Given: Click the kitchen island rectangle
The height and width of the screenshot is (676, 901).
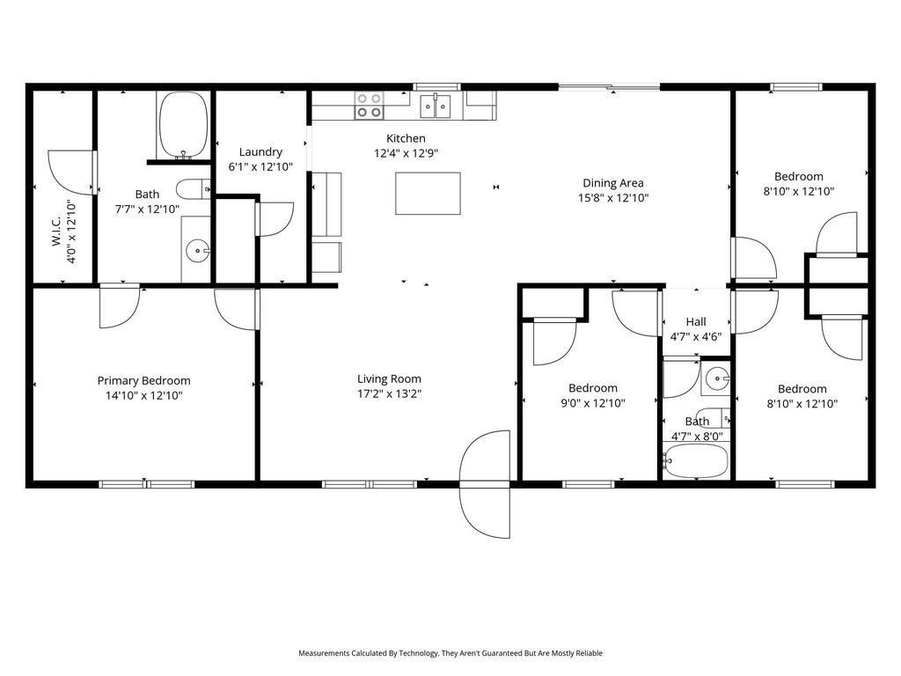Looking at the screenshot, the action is pyautogui.click(x=428, y=193).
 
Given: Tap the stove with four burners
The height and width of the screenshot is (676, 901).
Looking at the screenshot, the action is pyautogui.click(x=369, y=106).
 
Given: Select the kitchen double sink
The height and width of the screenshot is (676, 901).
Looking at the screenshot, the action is pyautogui.click(x=436, y=106).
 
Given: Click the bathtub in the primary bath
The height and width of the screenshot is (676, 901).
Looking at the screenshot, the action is pyautogui.click(x=183, y=125).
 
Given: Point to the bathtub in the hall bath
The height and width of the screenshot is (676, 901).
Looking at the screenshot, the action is pyautogui.click(x=695, y=460).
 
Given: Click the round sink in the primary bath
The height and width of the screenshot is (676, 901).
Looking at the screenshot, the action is pyautogui.click(x=198, y=251).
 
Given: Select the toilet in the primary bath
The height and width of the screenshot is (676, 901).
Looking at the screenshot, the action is pyautogui.click(x=193, y=188).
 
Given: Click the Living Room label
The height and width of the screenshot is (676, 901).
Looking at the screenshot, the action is pyautogui.click(x=389, y=378).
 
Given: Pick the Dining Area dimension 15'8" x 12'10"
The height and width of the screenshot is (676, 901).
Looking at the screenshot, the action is pyautogui.click(x=613, y=198).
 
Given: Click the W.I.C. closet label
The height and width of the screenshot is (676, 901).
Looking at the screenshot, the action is pyautogui.click(x=56, y=231).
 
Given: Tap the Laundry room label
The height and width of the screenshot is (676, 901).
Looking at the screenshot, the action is pyautogui.click(x=260, y=151).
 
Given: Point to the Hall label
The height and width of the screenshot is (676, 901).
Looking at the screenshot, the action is pyautogui.click(x=696, y=321).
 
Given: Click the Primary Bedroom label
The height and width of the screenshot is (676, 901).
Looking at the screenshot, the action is pyautogui.click(x=143, y=380).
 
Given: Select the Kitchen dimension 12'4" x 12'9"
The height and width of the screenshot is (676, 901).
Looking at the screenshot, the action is pyautogui.click(x=406, y=153).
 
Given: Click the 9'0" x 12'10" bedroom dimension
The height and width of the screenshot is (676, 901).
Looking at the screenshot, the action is pyautogui.click(x=593, y=403).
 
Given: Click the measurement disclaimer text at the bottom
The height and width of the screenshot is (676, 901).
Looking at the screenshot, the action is pyautogui.click(x=450, y=653).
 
